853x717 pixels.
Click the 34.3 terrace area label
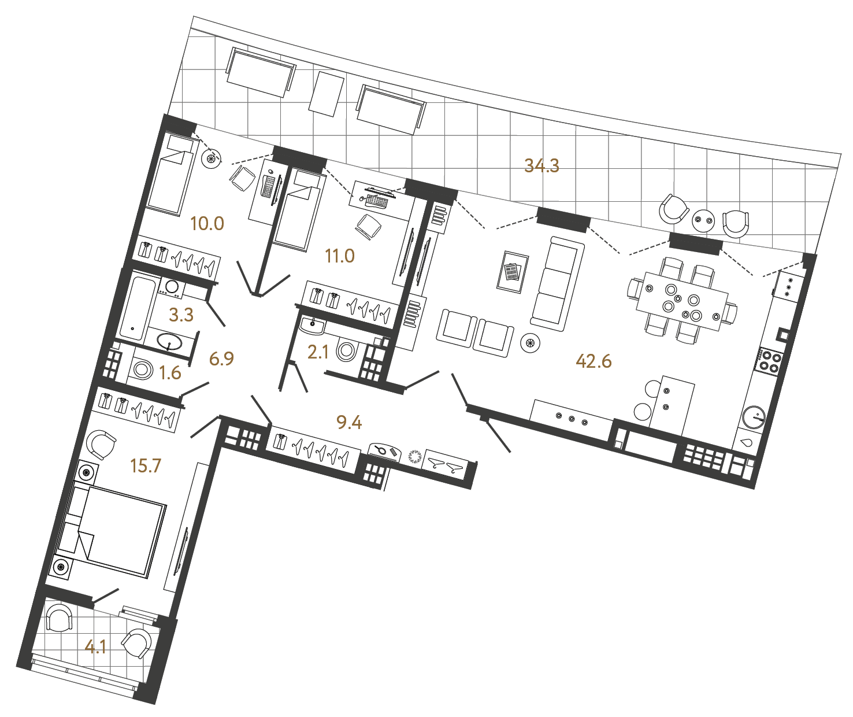542,166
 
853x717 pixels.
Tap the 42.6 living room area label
594,361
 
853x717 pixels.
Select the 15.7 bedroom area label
146,465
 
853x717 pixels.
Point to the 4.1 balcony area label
95,646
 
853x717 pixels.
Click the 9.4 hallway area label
349,423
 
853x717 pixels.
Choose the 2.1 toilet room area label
318,352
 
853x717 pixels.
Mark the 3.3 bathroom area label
181,315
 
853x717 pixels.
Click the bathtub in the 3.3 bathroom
136,307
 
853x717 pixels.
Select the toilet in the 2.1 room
347,350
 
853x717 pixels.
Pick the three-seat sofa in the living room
558,283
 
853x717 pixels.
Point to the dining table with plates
682,301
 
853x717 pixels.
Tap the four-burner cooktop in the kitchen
769,361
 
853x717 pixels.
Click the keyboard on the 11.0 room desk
377,201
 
